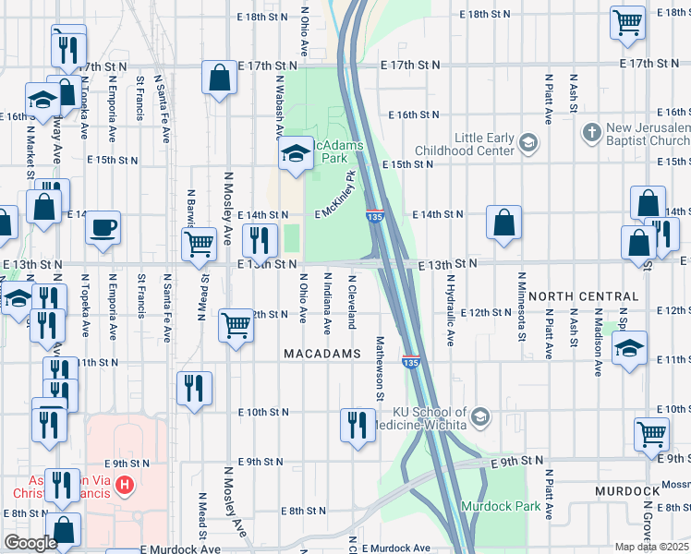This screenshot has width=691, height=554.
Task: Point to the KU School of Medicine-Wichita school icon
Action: [479, 418]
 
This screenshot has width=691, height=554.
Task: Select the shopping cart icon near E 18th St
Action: [627, 21]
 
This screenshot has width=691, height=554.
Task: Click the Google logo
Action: [30, 543]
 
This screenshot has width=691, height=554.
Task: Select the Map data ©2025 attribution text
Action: [651, 547]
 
